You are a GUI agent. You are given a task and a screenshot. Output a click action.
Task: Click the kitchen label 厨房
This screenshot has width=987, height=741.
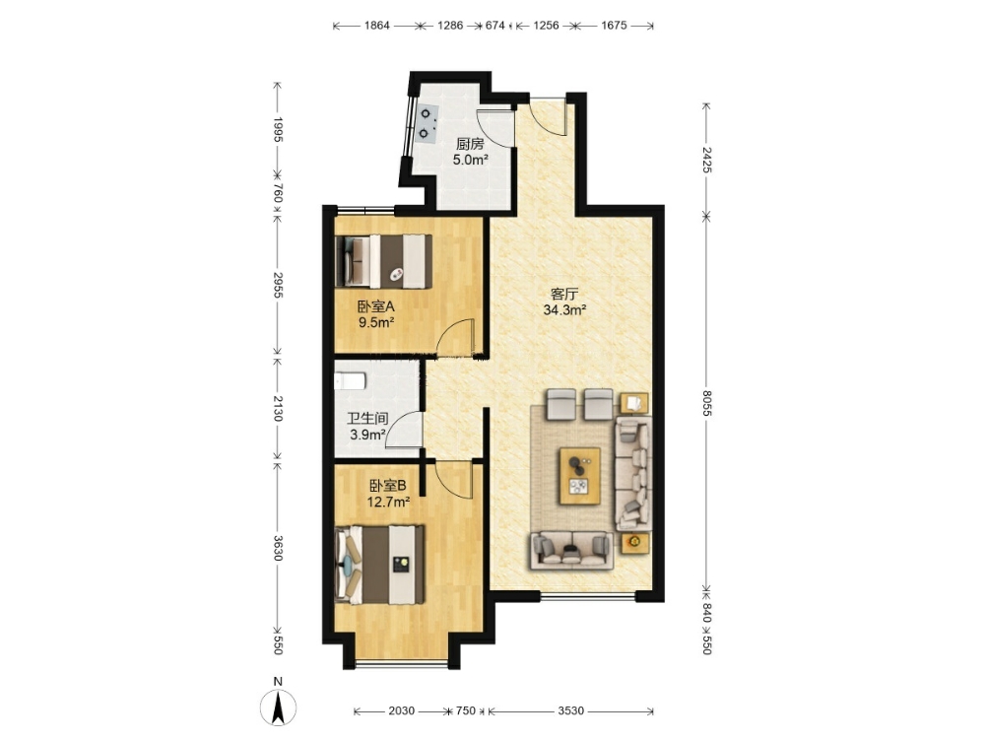[x=470, y=144]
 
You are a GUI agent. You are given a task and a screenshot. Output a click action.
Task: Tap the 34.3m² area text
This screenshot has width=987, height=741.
[x=564, y=309]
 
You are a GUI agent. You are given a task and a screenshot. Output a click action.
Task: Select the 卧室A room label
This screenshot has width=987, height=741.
[x=376, y=306]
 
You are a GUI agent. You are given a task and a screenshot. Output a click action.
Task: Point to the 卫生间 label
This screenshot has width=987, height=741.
[x=367, y=418]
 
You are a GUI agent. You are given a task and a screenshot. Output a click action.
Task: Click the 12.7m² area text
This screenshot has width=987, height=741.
[x=388, y=502]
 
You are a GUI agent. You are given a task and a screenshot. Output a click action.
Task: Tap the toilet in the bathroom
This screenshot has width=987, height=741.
[x=350, y=381]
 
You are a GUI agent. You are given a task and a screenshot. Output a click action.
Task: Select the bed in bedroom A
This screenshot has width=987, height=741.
[x=383, y=261]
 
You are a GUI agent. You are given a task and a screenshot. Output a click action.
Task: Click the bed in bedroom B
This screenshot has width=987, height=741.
[x=379, y=565]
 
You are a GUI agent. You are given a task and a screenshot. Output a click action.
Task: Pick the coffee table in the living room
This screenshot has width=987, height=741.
[x=580, y=475]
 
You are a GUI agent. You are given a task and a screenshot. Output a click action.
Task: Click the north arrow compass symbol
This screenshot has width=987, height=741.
[x=278, y=707]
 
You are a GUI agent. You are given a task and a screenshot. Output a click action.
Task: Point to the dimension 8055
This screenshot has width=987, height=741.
[x=706, y=403]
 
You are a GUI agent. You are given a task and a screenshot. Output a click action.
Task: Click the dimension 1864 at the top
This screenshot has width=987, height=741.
[x=377, y=26]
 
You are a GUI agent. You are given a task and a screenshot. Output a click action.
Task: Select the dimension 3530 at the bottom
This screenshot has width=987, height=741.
[x=571, y=710]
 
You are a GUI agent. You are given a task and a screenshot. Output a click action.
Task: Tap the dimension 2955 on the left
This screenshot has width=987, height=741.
[x=278, y=285]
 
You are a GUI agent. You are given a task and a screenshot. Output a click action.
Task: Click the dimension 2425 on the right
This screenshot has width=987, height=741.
[x=706, y=160]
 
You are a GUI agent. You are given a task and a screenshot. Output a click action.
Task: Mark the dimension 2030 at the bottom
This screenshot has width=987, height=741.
[x=402, y=710]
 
